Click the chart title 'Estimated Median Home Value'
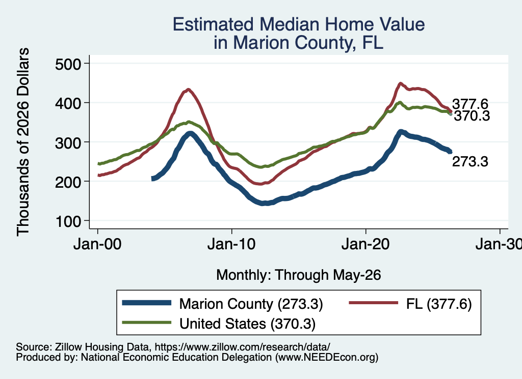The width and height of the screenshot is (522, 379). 299,24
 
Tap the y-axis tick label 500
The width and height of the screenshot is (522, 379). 68,64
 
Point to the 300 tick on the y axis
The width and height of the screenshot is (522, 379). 68,143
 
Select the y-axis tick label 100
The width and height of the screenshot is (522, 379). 68,222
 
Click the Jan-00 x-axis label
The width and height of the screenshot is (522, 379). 97,245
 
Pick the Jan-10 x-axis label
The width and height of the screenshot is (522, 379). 231,245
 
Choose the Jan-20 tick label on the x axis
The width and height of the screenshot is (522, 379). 366,245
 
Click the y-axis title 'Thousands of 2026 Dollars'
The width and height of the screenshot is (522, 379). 23,142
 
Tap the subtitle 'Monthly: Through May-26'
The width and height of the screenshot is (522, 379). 299,275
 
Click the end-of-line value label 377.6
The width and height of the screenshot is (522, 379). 470,104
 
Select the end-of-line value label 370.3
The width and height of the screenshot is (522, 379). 472,116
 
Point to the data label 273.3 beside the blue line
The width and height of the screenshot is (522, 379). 470,162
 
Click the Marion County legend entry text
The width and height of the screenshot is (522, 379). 251,304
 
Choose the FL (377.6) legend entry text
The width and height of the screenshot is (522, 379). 439,304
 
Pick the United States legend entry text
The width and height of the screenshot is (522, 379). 247,324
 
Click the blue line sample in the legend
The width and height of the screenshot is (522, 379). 147,303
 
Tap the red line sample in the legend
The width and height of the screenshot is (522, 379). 374,303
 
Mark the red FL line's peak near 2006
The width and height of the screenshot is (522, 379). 189,90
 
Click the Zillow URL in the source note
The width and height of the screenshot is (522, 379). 242,347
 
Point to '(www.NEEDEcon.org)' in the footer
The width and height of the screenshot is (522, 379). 327,358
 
